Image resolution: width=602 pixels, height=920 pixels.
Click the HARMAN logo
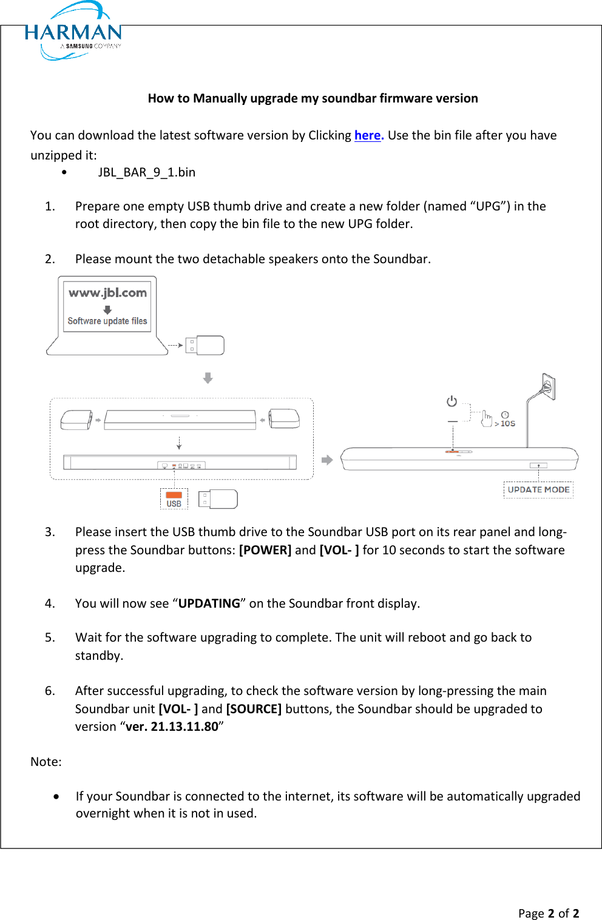coord(73,32)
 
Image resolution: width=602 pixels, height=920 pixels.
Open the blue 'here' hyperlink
coord(368,135)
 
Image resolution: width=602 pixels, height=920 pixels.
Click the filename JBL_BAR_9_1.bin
coord(146,172)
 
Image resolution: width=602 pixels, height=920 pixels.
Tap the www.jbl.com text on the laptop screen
coord(107,293)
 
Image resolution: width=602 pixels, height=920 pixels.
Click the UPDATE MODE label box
coord(538,489)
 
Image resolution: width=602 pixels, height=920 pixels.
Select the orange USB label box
coord(174,499)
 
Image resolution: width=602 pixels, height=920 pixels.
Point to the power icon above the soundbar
coord(451,401)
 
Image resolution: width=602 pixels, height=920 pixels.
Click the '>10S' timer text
coord(505,423)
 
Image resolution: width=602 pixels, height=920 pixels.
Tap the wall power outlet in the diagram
coord(548,386)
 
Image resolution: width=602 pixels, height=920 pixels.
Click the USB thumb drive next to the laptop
coord(205,345)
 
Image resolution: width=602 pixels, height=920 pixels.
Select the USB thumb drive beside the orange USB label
coord(218,499)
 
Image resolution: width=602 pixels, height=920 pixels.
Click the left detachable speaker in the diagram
coord(76,419)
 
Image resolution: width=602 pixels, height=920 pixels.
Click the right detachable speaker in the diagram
coord(284,418)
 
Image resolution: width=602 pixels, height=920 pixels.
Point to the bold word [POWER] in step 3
coord(265,550)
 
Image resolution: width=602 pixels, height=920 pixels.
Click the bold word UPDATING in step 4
coord(209,603)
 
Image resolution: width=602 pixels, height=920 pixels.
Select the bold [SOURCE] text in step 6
coord(254,709)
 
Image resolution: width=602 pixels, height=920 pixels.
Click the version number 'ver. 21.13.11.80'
coord(172,727)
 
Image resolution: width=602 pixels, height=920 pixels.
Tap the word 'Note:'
coord(46,762)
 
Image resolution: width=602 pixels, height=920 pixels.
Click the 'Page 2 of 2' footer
coord(548,913)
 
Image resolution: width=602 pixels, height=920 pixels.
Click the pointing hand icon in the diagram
coord(487,418)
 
